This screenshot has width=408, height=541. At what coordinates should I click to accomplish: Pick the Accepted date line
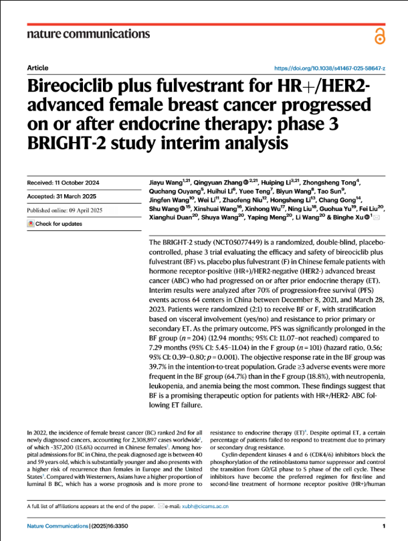[x=61, y=196]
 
